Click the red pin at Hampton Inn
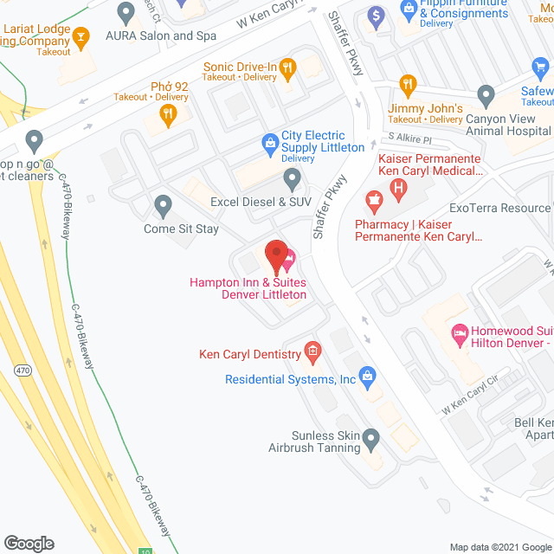[275, 256]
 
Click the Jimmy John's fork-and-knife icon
[409, 83]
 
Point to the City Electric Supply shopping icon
[270, 140]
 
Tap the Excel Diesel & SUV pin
[293, 179]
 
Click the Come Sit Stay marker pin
[163, 206]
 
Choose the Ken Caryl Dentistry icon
[312, 352]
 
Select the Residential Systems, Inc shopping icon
[368, 377]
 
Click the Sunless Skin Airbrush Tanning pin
[371, 440]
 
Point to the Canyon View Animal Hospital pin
[486, 94]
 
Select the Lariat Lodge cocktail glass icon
[81, 36]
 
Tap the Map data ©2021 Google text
[499, 547]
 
